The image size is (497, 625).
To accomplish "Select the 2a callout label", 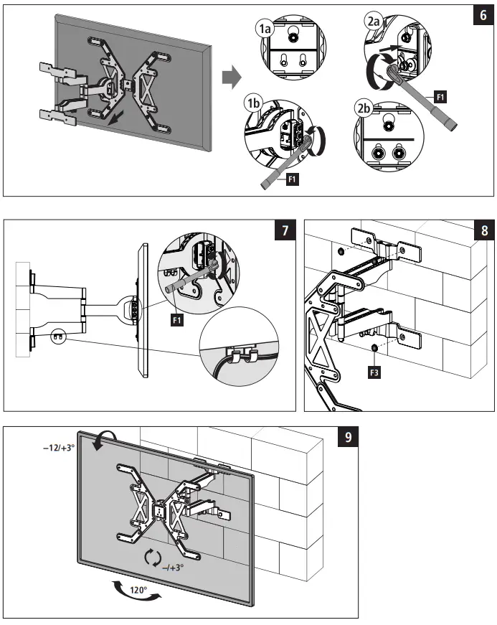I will click(373, 22).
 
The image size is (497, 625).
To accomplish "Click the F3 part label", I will click(374, 372).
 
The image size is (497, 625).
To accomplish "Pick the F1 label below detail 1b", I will click(293, 179).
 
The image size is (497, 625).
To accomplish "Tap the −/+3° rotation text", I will click(171, 567).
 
